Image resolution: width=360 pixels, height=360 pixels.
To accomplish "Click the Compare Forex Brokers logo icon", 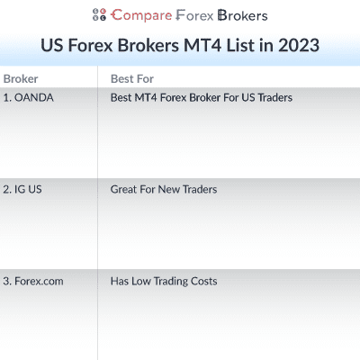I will click(x=99, y=15).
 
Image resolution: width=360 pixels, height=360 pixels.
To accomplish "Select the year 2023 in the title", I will click(x=299, y=45).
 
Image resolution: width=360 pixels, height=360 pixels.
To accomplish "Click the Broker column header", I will click(x=21, y=78).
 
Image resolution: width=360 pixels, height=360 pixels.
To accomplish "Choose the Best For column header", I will click(x=131, y=78).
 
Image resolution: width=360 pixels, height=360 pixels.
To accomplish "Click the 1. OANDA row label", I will click(x=28, y=97).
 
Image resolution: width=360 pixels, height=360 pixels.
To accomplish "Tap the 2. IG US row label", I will click(x=24, y=190).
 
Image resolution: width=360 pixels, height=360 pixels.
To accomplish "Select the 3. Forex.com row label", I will click(x=33, y=281).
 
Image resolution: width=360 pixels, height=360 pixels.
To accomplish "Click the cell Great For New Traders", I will click(x=164, y=190).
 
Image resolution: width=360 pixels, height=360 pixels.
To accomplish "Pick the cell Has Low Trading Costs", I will click(x=164, y=281).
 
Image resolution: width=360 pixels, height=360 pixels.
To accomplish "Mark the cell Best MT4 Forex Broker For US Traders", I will click(x=201, y=97).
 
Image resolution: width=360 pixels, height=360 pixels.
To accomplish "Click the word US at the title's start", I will click(x=54, y=45).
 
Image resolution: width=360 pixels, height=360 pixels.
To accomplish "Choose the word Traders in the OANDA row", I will click(x=274, y=97).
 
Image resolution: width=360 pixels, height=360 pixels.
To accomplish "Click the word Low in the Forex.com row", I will click(x=141, y=281).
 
